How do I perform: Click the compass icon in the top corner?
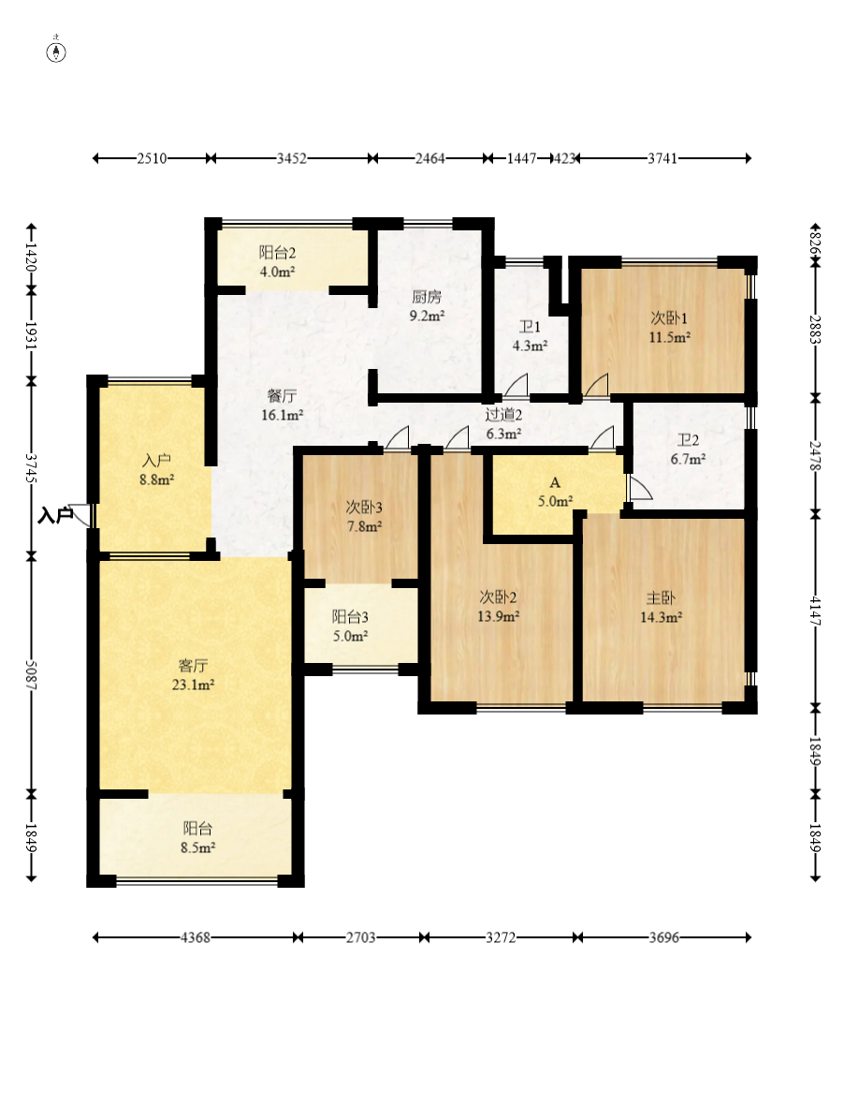point(56,52)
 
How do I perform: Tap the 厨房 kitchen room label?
point(427,297)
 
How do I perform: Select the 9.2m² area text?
point(427,316)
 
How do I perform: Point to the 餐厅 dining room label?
point(282,396)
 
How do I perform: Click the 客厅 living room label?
point(193,665)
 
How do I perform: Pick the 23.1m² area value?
point(193,685)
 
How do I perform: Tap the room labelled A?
point(555,482)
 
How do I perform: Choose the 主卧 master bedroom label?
point(661,598)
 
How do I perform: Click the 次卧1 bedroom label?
point(669,318)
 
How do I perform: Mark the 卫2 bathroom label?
point(688,440)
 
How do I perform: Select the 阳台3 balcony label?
point(350,617)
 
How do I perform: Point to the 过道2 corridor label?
point(503,415)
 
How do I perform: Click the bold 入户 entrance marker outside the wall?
point(55,515)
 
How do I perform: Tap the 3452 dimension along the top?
point(291,158)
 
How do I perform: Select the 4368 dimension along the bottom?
point(195,937)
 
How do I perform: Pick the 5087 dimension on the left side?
point(31,674)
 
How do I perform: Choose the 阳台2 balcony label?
point(277,252)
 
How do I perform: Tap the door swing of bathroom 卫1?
point(516,385)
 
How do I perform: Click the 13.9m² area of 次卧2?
point(499,616)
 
